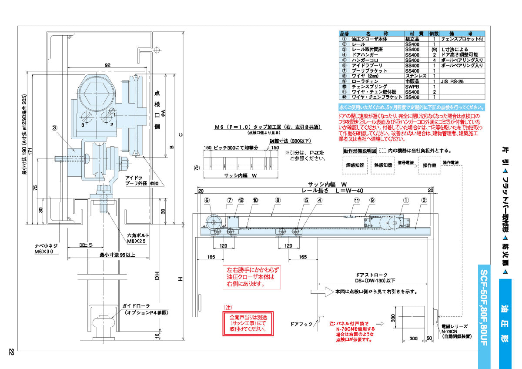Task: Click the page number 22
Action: [11, 352]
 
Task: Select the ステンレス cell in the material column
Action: [415, 76]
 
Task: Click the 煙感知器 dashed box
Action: [355, 165]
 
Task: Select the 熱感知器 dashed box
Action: [383, 165]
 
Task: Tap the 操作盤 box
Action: [429, 165]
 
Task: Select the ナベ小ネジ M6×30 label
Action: [44, 249]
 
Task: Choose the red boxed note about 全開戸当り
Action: [247, 322]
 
